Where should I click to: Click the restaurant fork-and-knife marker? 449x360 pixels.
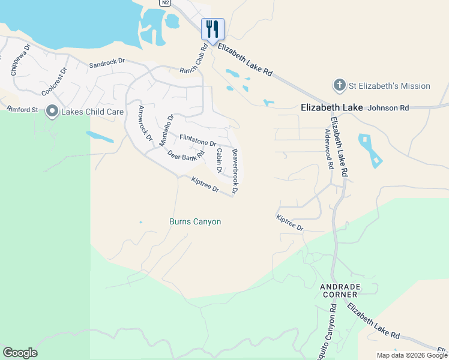212,28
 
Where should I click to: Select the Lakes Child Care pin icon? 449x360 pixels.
52,112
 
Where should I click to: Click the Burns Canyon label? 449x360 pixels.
195,222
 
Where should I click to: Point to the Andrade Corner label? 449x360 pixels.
339,290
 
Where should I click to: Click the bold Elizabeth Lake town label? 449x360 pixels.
331,107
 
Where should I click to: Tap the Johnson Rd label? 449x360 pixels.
388,108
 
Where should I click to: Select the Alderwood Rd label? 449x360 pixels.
329,149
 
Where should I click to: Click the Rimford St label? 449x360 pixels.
22,110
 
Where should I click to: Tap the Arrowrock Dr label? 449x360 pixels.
145,123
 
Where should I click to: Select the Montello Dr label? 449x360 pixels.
166,130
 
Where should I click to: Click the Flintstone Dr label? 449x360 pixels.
197,140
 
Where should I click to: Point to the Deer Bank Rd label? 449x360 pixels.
182,157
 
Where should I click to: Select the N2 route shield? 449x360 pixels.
166,2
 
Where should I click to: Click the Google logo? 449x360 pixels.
20,353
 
